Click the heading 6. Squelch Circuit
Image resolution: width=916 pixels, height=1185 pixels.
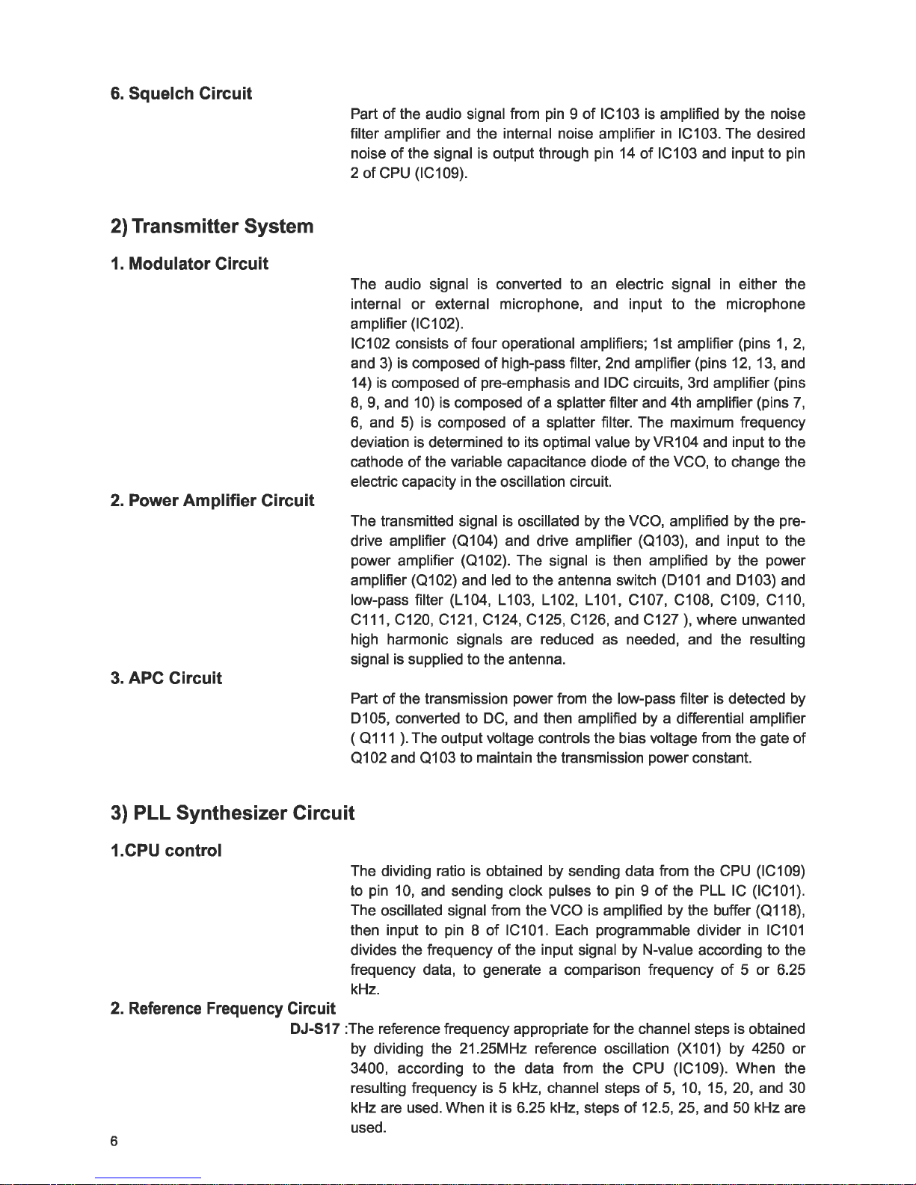tap(180, 93)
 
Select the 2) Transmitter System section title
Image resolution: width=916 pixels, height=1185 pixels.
tap(212, 226)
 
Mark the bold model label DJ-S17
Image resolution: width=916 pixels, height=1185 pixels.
tap(316, 1029)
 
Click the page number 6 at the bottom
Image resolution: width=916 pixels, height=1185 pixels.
tap(114, 1141)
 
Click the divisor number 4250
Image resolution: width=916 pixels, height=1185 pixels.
tap(761, 1048)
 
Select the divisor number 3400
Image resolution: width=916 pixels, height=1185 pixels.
tap(369, 1068)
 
